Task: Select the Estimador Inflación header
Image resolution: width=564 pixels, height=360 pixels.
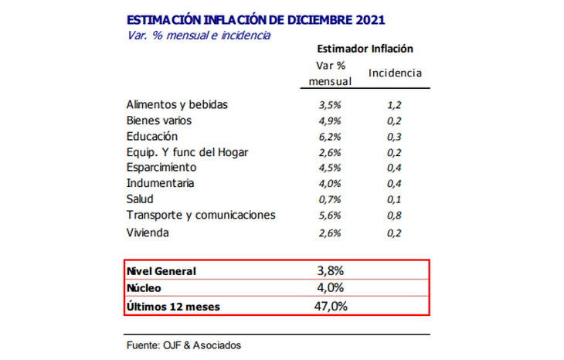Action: [365, 49]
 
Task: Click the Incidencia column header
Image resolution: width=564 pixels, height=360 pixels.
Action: [395, 73]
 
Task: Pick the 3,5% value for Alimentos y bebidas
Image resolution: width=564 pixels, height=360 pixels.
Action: [330, 104]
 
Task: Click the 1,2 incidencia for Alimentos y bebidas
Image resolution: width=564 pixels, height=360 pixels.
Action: [395, 104]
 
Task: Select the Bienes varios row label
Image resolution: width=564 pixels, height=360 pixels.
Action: [158, 121]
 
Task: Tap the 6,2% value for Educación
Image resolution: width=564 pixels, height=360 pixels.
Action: [330, 137]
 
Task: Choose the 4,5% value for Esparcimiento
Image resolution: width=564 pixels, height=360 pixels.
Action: [330, 168]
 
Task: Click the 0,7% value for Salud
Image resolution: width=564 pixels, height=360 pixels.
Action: [330, 199]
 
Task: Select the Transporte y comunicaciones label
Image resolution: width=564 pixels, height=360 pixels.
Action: [200, 215]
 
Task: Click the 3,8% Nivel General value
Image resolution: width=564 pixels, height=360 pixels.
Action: [330, 271]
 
